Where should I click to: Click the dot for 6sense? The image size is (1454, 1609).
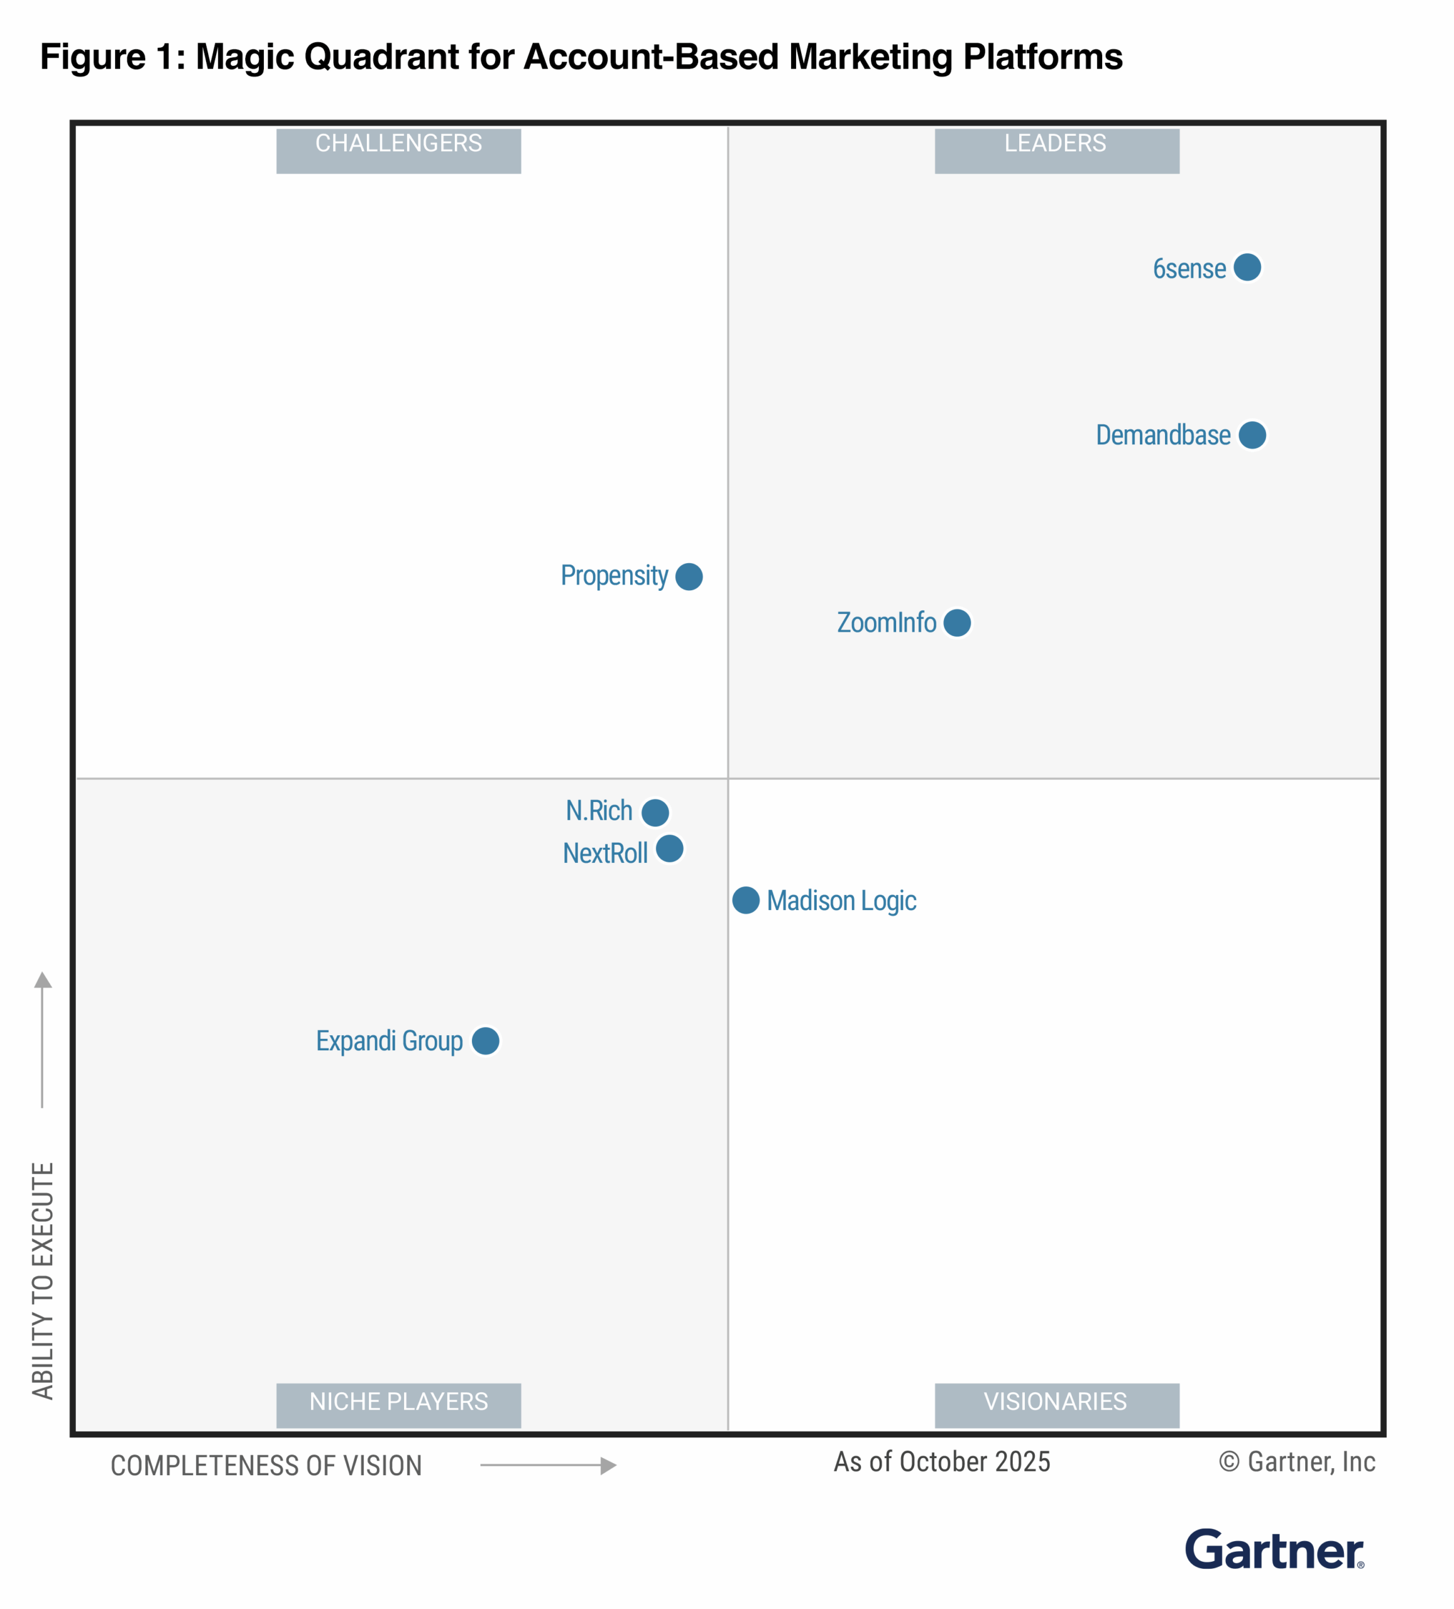coord(1247,267)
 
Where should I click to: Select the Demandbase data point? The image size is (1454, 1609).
coord(1251,435)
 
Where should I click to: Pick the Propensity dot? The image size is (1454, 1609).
coord(689,576)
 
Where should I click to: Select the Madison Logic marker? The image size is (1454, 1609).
coord(745,900)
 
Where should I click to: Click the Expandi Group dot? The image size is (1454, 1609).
coord(485,1041)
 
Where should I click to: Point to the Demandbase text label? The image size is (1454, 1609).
coord(1162,436)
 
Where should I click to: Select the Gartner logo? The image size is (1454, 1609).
coord(1274,1551)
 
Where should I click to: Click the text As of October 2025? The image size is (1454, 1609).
coord(942,1462)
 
